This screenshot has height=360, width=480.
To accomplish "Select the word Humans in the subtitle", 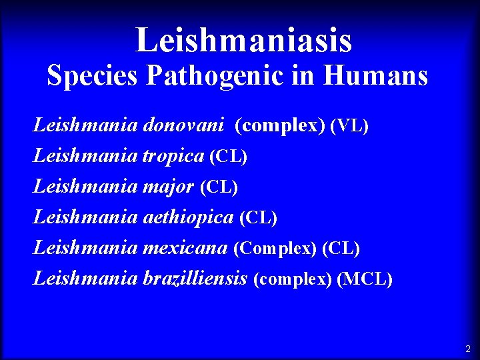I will [x=375, y=76].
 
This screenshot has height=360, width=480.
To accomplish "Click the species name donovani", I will [x=183, y=125].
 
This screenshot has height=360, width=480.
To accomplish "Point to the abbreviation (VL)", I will [x=349, y=125].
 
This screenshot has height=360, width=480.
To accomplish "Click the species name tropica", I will [x=173, y=156].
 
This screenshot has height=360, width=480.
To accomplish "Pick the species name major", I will [x=169, y=187].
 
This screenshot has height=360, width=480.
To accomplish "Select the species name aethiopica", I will [x=188, y=217].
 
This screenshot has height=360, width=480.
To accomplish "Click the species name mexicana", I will [x=185, y=248].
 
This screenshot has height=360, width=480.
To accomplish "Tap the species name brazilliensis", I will [x=195, y=278].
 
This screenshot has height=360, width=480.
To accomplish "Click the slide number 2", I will [x=467, y=349].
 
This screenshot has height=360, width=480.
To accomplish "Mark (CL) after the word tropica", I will [x=228, y=157].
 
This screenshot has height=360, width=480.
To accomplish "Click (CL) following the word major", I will [x=219, y=187].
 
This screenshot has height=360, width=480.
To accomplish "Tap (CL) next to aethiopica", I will [x=258, y=218].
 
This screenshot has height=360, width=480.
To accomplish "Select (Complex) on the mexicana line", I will [x=275, y=249].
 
